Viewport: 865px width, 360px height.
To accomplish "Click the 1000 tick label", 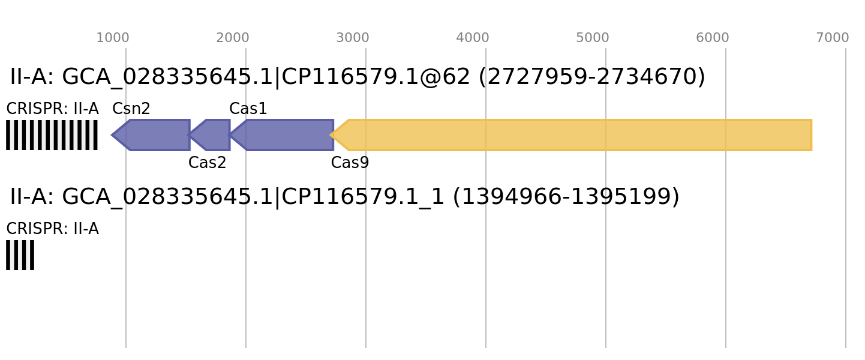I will click(x=113, y=38).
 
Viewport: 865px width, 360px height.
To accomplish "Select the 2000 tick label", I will click(x=233, y=38).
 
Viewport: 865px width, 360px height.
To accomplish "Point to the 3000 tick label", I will click(x=353, y=38).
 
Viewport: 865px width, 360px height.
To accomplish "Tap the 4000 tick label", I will click(x=473, y=38).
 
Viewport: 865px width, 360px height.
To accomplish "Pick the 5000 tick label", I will click(x=593, y=38).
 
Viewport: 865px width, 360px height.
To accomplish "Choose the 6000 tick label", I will click(x=713, y=38).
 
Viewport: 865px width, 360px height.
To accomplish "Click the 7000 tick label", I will click(x=833, y=38).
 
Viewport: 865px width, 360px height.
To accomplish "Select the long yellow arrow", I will click(x=576, y=135).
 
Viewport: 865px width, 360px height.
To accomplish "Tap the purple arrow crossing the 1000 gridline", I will click(x=153, y=135).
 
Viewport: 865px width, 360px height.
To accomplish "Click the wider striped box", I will click(x=52, y=135).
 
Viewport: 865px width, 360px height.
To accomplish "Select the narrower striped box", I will click(x=20, y=255).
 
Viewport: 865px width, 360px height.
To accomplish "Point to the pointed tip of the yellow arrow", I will click(x=331, y=135).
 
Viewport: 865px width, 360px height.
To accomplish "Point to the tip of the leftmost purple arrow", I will click(x=112, y=135).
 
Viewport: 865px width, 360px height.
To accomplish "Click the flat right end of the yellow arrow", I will click(x=811, y=135).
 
